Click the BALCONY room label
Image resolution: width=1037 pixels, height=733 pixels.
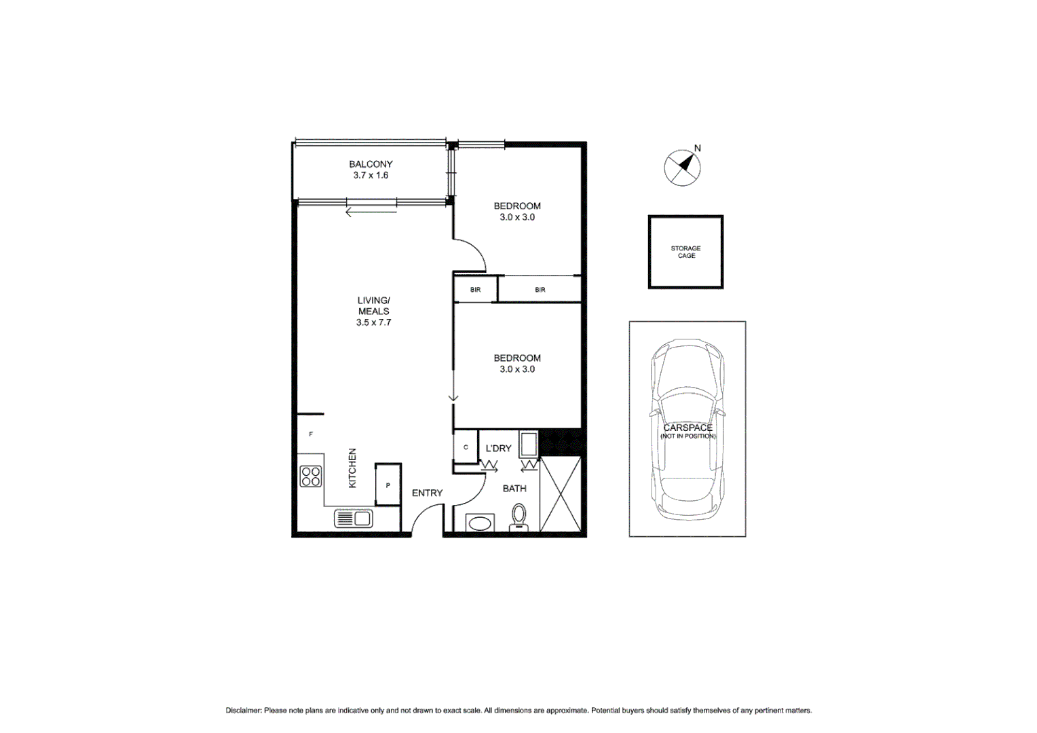tap(371, 164)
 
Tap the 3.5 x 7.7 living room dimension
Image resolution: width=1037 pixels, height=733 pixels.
tap(373, 323)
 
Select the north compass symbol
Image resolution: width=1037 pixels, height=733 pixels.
tap(682, 168)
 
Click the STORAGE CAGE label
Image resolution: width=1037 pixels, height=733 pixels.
tap(685, 252)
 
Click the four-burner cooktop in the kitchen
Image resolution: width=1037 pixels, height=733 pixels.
tap(311, 476)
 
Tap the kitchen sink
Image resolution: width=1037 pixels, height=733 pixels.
tap(353, 519)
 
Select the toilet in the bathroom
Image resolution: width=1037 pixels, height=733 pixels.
tap(518, 518)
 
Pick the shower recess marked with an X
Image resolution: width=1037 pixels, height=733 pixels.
tap(561, 494)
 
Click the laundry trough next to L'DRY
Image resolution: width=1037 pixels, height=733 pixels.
tap(529, 445)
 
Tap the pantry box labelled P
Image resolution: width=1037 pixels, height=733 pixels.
tap(388, 485)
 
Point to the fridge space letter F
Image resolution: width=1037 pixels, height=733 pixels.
tap(311, 434)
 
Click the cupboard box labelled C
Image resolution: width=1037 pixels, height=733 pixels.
tap(466, 447)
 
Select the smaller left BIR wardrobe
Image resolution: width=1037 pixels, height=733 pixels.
tap(475, 290)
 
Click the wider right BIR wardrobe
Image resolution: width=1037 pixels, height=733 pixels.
tap(540, 290)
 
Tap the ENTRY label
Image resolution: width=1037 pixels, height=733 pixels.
tap(427, 493)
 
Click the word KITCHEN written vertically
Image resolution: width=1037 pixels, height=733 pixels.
tap(352, 468)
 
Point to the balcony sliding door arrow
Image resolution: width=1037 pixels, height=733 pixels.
tap(371, 212)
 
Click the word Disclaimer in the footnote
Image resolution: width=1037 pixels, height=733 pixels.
tap(243, 711)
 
